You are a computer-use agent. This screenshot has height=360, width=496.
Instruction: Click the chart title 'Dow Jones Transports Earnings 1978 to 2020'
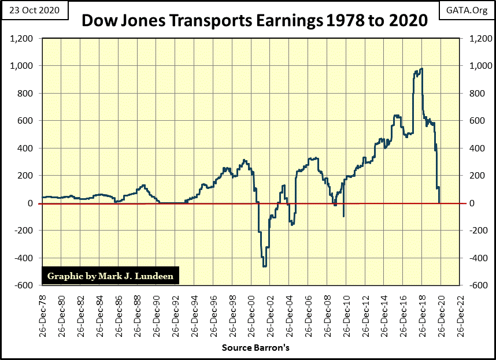(254, 21)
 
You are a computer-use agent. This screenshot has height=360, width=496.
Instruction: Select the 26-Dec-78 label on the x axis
(43, 314)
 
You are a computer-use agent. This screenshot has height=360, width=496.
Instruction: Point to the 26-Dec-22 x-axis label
(460, 314)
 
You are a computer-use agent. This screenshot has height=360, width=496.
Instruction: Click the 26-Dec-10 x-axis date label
(346, 314)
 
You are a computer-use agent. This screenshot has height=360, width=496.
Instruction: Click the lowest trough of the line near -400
(265, 266)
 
